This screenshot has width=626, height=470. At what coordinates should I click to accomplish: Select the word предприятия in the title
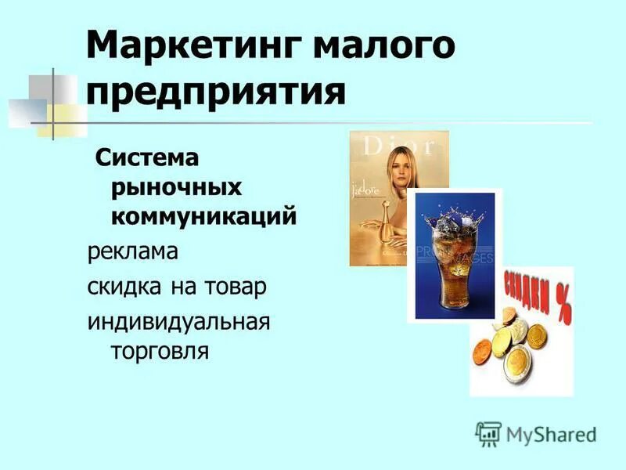point(216,92)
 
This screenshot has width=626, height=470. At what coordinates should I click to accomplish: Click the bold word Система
point(147,158)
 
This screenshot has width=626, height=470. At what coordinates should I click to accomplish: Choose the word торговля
point(160,350)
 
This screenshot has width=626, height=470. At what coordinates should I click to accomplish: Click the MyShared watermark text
point(551,433)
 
